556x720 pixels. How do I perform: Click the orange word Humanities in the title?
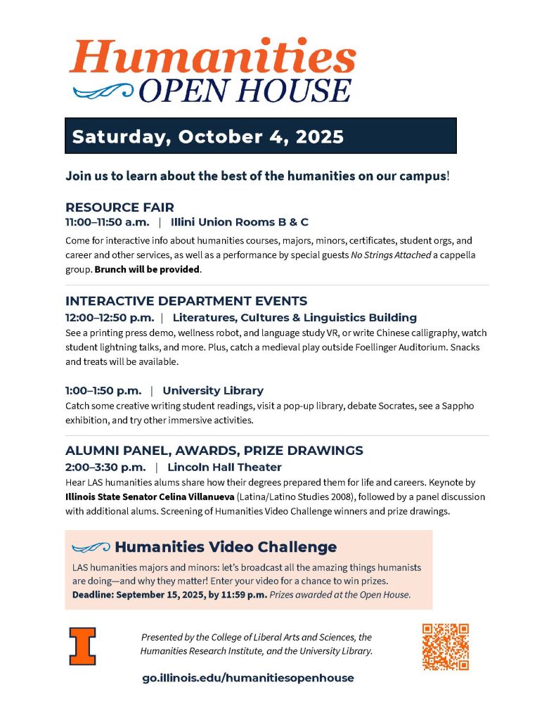(212, 57)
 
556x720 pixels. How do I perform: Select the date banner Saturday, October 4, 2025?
(260, 136)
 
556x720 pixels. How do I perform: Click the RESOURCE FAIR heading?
(119, 207)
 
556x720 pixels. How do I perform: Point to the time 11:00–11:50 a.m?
(108, 222)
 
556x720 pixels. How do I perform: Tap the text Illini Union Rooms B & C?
(240, 222)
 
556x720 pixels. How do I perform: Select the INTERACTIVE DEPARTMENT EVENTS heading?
(186, 301)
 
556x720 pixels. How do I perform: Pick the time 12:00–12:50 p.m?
(110, 317)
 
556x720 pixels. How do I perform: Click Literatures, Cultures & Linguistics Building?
(295, 317)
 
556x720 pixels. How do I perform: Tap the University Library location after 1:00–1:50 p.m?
(213, 390)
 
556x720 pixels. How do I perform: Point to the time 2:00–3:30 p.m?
(105, 467)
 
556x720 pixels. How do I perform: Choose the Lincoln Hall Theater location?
(224, 467)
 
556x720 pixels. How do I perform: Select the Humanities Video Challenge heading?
(226, 547)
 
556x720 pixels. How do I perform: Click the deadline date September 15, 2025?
(162, 595)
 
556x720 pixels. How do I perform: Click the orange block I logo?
(82, 645)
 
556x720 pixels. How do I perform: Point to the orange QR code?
(445, 646)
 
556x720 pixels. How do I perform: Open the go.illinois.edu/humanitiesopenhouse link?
(248, 678)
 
